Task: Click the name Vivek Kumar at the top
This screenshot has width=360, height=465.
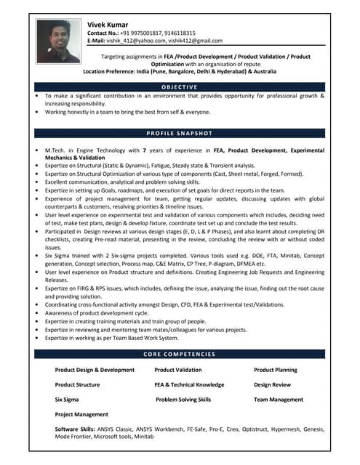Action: coord(108,24)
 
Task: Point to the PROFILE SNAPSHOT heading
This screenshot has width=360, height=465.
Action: coord(179,134)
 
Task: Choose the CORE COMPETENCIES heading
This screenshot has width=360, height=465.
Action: coord(179,354)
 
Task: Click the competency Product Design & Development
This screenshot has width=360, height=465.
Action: coord(95,370)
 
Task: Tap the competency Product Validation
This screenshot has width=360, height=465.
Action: coord(178,370)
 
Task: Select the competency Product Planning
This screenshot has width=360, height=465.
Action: coord(275,370)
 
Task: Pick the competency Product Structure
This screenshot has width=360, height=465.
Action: coord(77,384)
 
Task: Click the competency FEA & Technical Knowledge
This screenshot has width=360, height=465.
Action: coord(190,384)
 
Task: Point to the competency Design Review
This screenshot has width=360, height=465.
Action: coord(272,384)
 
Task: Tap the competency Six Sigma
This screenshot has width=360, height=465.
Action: coord(67,400)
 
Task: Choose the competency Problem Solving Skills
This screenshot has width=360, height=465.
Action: coord(183,400)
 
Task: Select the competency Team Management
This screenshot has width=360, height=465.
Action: coord(279,400)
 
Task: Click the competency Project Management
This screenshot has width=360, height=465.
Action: coord(81,414)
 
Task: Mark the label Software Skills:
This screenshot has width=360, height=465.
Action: coord(76,430)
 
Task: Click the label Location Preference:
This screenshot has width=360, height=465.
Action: coord(116,72)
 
